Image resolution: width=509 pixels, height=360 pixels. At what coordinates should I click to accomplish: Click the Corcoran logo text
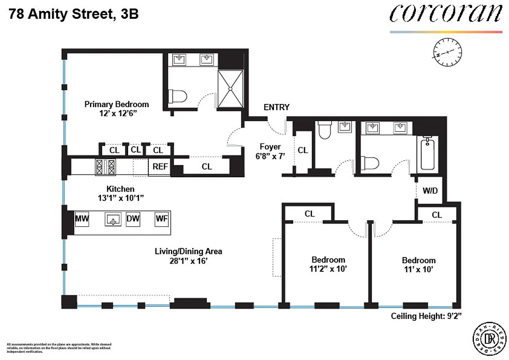(445, 14)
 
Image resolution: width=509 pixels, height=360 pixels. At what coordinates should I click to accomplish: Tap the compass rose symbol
(447, 52)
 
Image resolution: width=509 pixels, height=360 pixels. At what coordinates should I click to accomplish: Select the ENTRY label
(277, 107)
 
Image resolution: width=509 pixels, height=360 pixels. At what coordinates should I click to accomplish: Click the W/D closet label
(430, 190)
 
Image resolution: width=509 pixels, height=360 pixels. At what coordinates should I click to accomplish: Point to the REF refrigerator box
(160, 166)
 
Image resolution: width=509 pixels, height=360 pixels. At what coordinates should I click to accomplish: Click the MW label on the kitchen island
(82, 219)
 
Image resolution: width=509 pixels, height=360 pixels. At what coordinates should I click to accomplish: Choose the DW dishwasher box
(133, 219)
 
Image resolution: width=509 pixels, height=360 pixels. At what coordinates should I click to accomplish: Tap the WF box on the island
(161, 219)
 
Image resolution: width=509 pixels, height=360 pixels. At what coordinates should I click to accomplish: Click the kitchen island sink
(112, 220)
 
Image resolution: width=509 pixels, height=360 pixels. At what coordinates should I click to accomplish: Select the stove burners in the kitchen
(106, 167)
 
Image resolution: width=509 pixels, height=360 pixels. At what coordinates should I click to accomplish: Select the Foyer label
(270, 147)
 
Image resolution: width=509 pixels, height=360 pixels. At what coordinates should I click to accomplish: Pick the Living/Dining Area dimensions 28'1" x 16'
(188, 260)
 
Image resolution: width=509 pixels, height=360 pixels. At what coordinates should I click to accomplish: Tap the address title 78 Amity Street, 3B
(73, 15)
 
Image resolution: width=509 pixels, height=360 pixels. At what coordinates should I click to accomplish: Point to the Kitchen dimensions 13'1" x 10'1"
(120, 198)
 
